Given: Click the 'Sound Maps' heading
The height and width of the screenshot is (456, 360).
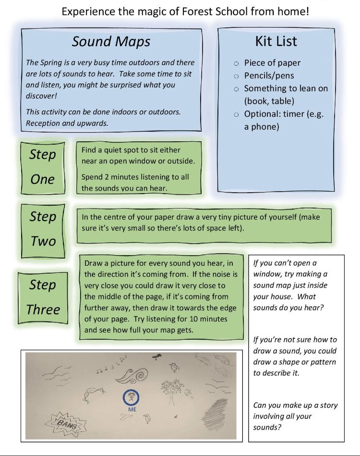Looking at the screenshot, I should (111, 41).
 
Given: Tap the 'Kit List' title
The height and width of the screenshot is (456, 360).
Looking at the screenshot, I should (276, 41).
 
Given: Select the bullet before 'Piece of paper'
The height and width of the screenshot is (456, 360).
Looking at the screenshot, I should (236, 63).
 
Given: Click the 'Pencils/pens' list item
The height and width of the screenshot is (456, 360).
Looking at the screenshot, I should (269, 75).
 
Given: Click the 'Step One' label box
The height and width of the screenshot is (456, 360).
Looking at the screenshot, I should (42, 167).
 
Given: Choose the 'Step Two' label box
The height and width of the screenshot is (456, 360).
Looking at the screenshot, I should (43, 229).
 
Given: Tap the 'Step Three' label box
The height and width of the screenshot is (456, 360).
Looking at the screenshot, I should (43, 297).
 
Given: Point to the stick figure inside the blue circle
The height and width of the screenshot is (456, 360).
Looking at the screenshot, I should (132, 397).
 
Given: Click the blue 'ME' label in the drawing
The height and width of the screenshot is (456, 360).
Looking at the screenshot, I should (132, 409).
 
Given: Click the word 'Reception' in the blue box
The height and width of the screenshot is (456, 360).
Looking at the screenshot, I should (43, 123).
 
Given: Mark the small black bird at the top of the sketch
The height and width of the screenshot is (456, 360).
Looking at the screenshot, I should (156, 356).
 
